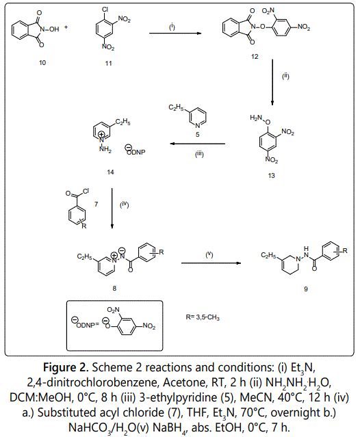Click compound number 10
click(x=42, y=63)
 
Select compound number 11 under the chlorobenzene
click(x=108, y=64)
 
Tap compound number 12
click(x=255, y=57)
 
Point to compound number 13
click(x=271, y=176)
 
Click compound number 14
click(x=110, y=172)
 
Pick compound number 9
click(x=306, y=289)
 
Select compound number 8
click(x=114, y=289)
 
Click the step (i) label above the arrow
click(x=172, y=27)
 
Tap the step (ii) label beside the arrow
click(x=285, y=76)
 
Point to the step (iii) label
click(x=199, y=154)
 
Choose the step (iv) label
click(x=125, y=205)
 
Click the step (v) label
click(x=209, y=254)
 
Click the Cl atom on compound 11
click(x=105, y=10)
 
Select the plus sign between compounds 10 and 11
click(x=66, y=27)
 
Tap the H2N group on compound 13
click(x=256, y=118)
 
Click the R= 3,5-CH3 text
click(x=203, y=317)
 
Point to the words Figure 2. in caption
click(x=66, y=368)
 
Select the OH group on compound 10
click(x=54, y=29)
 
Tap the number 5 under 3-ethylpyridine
click(x=197, y=135)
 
